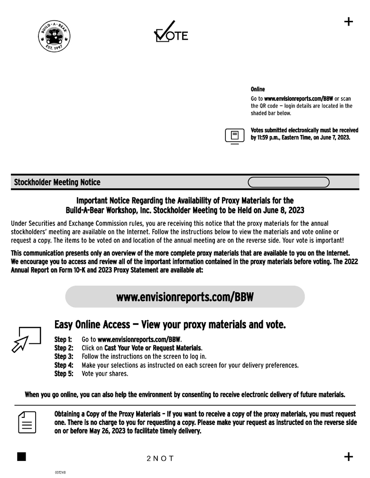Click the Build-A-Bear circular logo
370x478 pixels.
tap(54, 38)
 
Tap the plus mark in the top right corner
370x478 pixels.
tap(349, 21)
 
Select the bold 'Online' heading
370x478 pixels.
tap(258, 89)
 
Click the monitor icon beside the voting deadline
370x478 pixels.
tap(234, 135)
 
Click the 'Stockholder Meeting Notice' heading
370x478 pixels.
tap(57, 182)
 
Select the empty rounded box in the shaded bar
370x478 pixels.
tap(288, 182)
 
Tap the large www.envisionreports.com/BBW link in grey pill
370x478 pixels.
tap(185, 297)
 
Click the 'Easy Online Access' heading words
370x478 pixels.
tap(92, 325)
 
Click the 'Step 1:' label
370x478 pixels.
tap(64, 340)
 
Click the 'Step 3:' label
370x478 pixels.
tap(64, 357)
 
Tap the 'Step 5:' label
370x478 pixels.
tap(64, 374)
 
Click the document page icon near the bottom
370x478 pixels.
tap(27, 422)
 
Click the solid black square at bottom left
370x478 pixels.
tap(21, 457)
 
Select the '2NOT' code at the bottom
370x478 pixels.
tap(160, 459)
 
